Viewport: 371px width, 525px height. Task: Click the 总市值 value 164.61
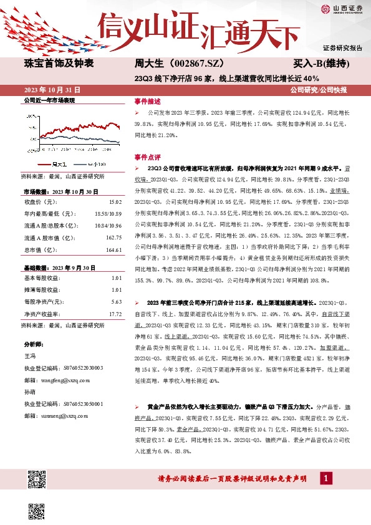pyautogui.click(x=113, y=249)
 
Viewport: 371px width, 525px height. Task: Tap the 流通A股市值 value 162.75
pyautogui.click(x=113, y=238)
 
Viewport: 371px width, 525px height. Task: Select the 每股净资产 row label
pyautogui.click(x=43, y=302)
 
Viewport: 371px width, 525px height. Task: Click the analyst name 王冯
pyautogui.click(x=29, y=355)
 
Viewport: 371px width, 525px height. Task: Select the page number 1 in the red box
pyautogui.click(x=325, y=478)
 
